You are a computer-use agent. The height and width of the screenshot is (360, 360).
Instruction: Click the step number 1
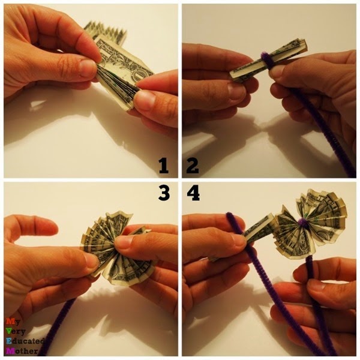pyautogui.click(x=164, y=166)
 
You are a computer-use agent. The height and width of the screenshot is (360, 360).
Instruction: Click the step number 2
pyautogui.click(x=193, y=166)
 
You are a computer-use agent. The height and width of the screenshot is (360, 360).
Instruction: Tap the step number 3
pyautogui.click(x=164, y=193)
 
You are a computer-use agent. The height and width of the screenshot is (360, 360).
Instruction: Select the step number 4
pyautogui.click(x=193, y=193)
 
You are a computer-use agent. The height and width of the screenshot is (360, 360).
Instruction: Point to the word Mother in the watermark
pyautogui.click(x=22, y=351)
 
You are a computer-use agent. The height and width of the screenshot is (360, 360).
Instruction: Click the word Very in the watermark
pyautogui.click(x=16, y=332)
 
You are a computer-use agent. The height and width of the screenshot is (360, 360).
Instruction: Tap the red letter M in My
pyautogui.click(x=10, y=321)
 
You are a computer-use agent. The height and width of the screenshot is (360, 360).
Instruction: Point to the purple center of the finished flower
pyautogui.click(x=302, y=223)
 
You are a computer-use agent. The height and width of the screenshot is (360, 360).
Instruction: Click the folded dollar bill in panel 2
pyautogui.click(x=268, y=61)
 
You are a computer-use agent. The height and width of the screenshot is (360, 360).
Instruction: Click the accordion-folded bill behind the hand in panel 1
pyautogui.click(x=106, y=32)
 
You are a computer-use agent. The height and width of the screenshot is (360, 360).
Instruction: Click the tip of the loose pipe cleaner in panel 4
pyautogui.click(x=230, y=215)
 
